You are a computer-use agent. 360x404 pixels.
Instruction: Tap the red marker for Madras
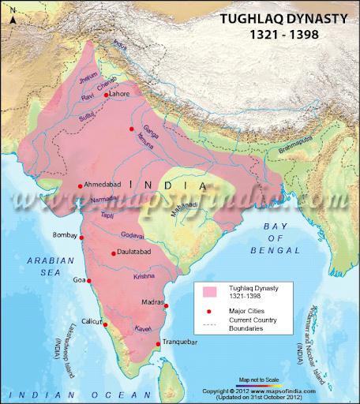point(165,305)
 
